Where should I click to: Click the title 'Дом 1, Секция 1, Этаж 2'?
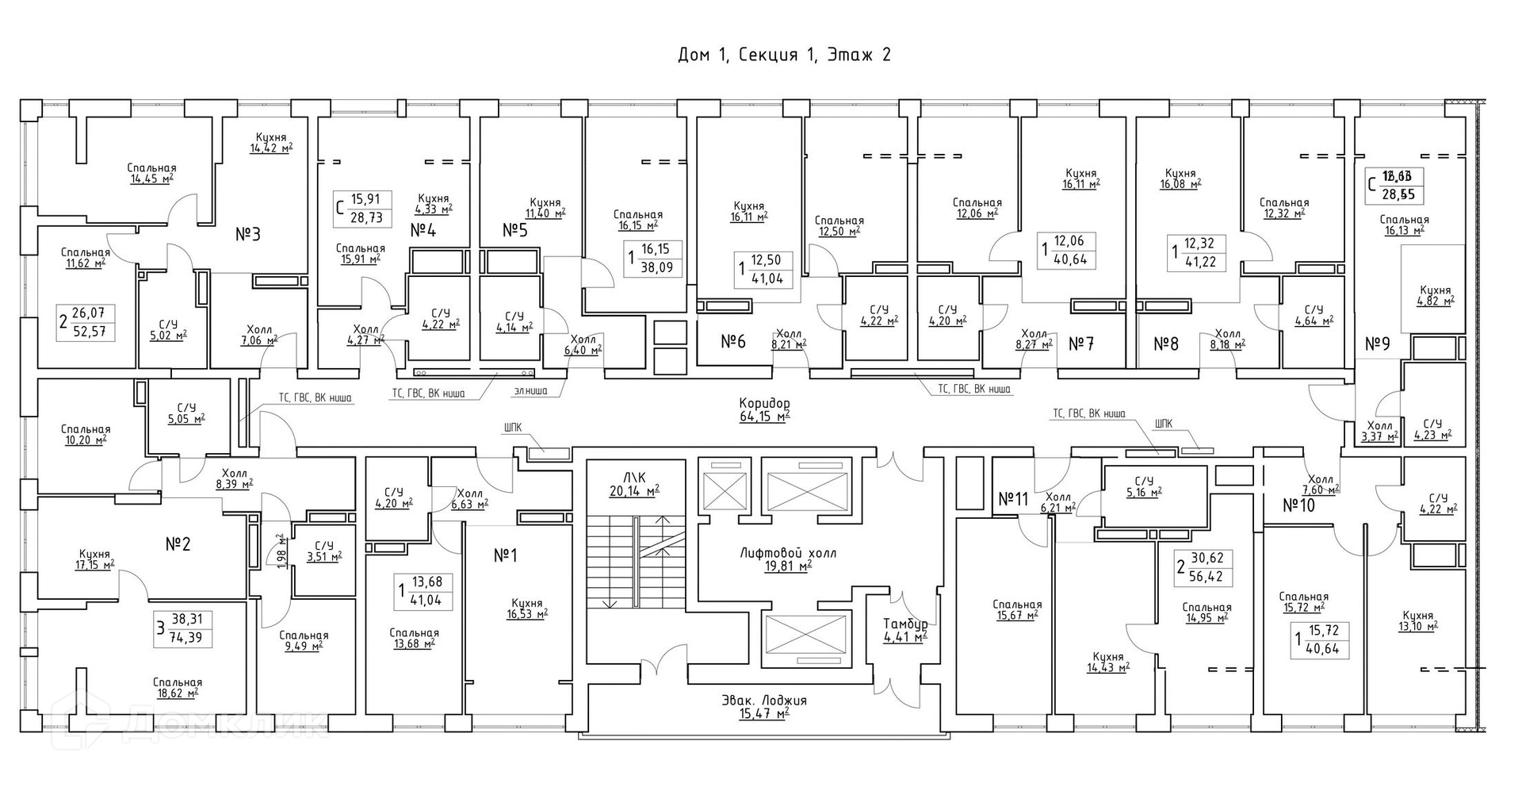(x=784, y=55)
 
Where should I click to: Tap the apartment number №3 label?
(x=248, y=234)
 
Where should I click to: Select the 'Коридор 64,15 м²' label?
(x=763, y=409)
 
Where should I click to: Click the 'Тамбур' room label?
(x=905, y=629)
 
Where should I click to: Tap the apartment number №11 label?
(x=1012, y=499)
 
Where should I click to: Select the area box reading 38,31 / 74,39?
(x=183, y=628)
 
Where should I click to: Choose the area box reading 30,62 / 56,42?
(x=1203, y=567)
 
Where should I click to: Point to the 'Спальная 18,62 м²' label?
(x=177, y=688)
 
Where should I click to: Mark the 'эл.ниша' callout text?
(x=529, y=390)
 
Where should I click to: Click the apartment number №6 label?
(x=733, y=342)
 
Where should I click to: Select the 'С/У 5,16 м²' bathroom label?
(x=1143, y=486)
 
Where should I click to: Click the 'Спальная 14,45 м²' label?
(x=151, y=174)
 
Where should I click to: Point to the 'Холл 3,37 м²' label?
(x=1379, y=430)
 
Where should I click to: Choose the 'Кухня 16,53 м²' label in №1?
(x=527, y=609)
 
